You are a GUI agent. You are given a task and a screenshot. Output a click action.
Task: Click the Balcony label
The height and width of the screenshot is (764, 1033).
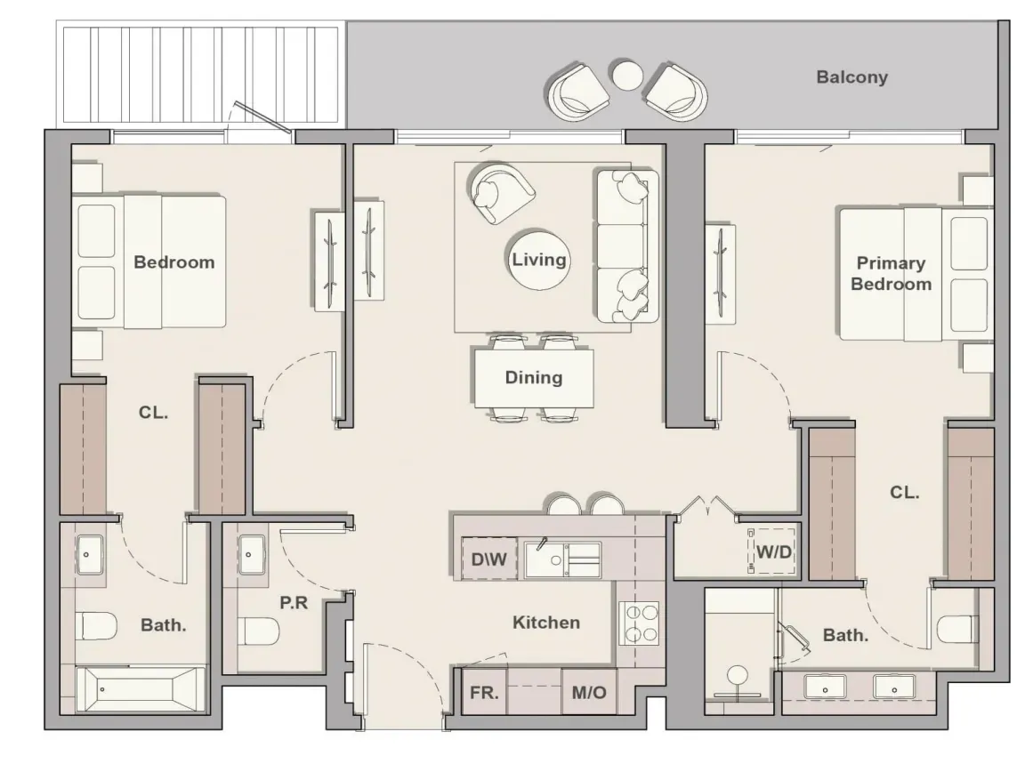click(851, 77)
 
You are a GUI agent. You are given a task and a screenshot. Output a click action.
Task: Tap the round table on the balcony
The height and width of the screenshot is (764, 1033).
click(625, 75)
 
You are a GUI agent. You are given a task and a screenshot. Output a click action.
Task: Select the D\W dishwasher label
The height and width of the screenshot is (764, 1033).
click(488, 559)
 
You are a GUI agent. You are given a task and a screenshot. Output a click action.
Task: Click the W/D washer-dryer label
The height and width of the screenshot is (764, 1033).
click(774, 551)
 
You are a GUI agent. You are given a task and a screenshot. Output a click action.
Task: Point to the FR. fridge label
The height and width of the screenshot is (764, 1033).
click(484, 693)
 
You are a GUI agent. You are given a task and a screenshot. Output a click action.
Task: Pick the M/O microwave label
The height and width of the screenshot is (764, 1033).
click(589, 693)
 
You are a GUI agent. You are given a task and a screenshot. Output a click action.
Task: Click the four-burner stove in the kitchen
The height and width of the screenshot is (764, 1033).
click(639, 623)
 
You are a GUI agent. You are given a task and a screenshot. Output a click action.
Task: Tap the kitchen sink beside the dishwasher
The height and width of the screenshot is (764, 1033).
click(562, 560)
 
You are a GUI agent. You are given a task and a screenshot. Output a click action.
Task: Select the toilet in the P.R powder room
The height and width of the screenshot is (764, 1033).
click(258, 631)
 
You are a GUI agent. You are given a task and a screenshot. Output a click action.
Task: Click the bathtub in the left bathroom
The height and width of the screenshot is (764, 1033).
click(141, 689)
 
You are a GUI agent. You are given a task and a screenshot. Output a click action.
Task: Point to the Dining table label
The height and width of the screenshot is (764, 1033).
click(534, 377)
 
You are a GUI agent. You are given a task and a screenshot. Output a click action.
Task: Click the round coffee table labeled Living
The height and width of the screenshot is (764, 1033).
click(539, 260)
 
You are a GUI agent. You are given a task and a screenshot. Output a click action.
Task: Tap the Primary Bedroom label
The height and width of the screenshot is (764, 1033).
click(892, 273)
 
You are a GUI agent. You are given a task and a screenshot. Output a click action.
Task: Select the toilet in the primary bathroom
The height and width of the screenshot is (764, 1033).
click(957, 629)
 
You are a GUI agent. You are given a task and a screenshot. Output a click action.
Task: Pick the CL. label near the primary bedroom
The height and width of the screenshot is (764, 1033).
click(904, 493)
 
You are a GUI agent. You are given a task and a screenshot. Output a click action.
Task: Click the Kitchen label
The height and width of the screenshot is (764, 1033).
click(546, 623)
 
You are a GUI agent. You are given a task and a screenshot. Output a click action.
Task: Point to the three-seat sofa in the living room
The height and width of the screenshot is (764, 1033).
click(628, 246)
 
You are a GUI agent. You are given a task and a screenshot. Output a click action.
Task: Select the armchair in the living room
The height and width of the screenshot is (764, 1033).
click(501, 191)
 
